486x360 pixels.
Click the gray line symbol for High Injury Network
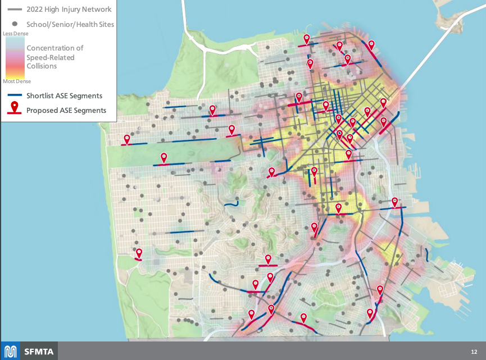coord(14,10)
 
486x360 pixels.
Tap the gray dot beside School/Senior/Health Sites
coord(14,24)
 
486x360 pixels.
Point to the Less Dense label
coord(15,34)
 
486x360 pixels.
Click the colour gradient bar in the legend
coord(15,57)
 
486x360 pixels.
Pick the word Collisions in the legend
coord(42,66)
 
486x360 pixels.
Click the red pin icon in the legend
coord(14,108)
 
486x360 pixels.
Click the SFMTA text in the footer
coord(39,352)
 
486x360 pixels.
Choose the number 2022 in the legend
coord(36,10)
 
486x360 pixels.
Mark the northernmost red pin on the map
coord(307,39)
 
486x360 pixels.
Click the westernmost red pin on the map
coord(127,139)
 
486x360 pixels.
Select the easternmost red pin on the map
coord(395,202)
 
